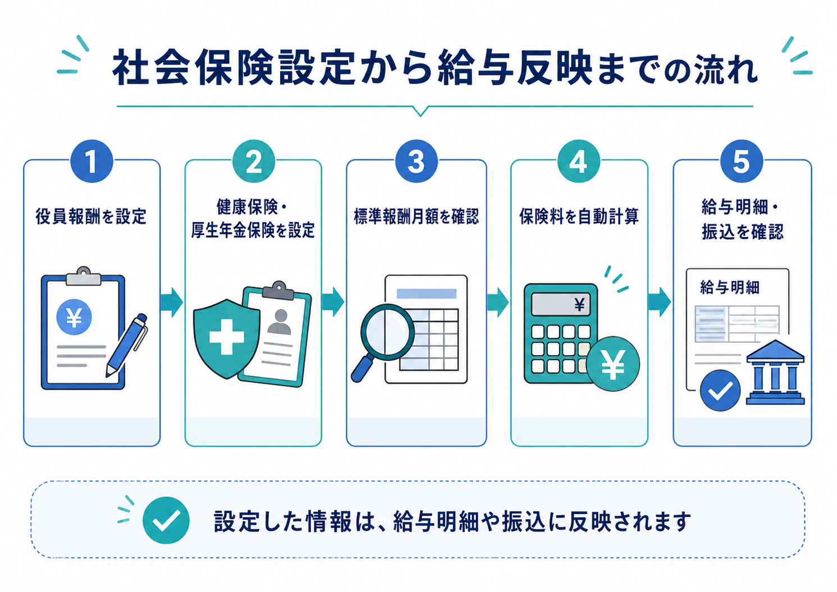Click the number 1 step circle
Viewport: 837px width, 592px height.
(92, 162)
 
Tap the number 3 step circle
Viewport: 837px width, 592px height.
(416, 162)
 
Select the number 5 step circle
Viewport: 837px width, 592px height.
(742, 162)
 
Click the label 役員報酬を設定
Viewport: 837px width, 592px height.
(91, 217)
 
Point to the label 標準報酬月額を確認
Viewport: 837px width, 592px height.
(416, 217)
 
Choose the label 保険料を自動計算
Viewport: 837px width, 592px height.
(579, 217)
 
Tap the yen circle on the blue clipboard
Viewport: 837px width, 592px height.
(74, 318)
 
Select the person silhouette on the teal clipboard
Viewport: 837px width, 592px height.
(280, 322)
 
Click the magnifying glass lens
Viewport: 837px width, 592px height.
(387, 332)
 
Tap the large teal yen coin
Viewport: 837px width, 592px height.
(613, 364)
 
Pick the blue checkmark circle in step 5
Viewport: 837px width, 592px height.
(720, 391)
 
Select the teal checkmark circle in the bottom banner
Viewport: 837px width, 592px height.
(166, 520)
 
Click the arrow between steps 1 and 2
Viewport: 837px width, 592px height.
(172, 302)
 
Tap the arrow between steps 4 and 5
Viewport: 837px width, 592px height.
(660, 302)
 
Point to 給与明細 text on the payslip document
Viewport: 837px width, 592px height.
(730, 288)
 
